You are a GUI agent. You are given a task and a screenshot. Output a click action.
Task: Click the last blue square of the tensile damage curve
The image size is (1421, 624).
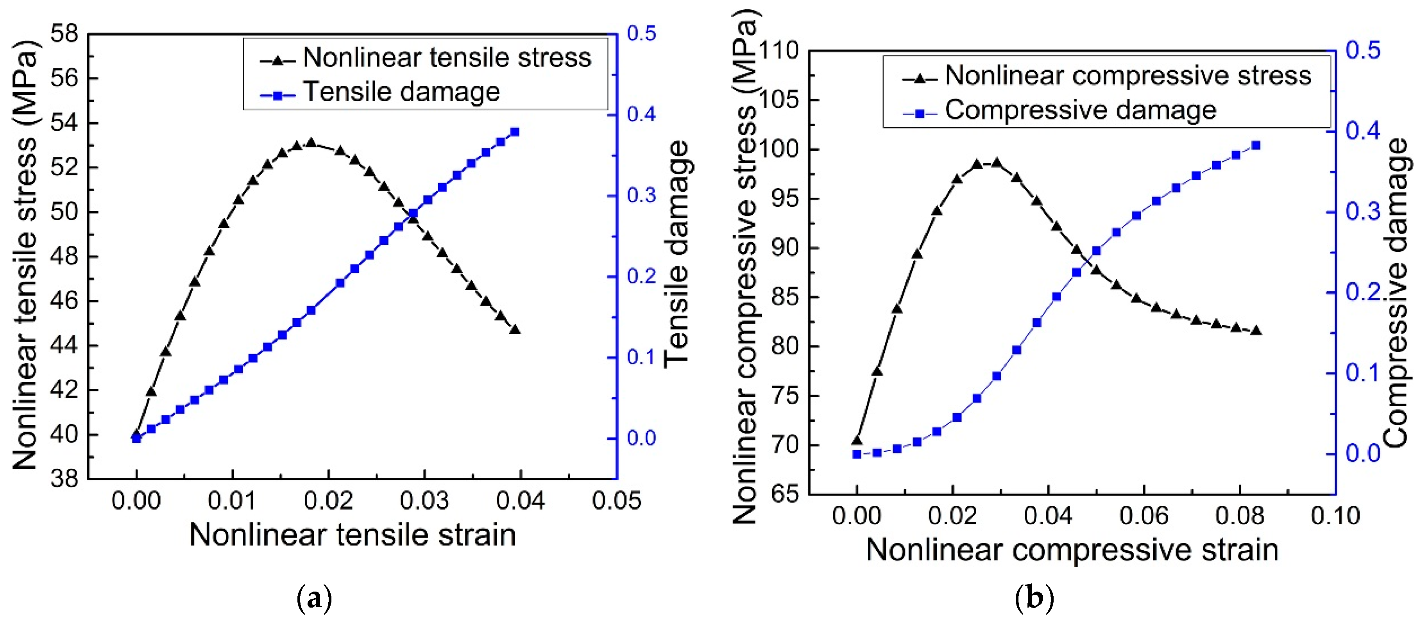(515, 132)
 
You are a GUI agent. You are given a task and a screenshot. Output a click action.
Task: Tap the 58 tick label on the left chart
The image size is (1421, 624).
(64, 34)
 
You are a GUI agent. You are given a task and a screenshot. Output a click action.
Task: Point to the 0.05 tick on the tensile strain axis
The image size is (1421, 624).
(616, 501)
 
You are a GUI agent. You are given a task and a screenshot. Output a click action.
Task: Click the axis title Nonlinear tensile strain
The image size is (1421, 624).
(353, 535)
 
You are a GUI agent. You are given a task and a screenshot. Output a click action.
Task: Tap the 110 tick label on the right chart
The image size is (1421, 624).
(779, 51)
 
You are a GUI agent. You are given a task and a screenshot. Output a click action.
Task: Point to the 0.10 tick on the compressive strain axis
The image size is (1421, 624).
(1335, 516)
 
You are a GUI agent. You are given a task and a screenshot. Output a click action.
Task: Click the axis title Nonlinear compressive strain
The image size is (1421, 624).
(1072, 550)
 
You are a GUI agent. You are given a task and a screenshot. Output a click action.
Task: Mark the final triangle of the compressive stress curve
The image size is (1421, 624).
(1256, 331)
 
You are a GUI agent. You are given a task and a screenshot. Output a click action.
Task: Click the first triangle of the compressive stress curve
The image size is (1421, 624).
(857, 440)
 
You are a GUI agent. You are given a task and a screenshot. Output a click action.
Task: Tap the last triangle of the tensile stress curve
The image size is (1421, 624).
(515, 330)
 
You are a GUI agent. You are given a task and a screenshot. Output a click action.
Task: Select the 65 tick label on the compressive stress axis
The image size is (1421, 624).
(784, 494)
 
